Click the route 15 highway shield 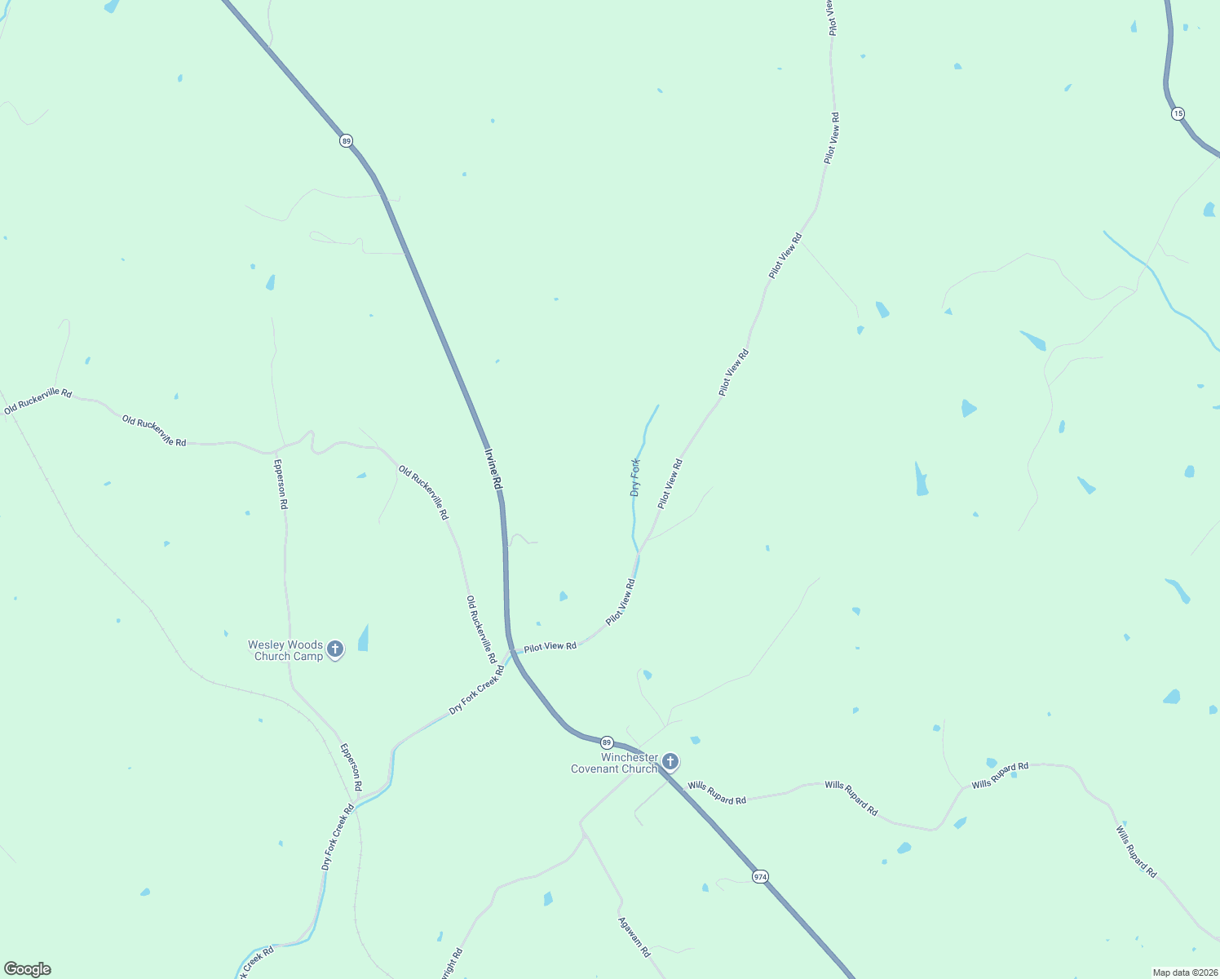1178,113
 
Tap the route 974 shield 760,876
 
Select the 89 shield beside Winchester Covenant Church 606,742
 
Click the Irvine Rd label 493,469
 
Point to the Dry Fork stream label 635,478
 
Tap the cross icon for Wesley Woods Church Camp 334,650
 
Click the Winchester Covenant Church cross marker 670,762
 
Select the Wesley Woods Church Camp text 285,650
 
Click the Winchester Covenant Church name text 614,763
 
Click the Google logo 27,969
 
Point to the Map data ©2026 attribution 1184,972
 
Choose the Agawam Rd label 634,937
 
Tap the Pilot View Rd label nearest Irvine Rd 550,646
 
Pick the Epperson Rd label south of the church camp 351,767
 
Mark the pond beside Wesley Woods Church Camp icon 363,638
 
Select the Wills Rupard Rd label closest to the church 716,793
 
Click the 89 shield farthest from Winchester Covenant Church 347,141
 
